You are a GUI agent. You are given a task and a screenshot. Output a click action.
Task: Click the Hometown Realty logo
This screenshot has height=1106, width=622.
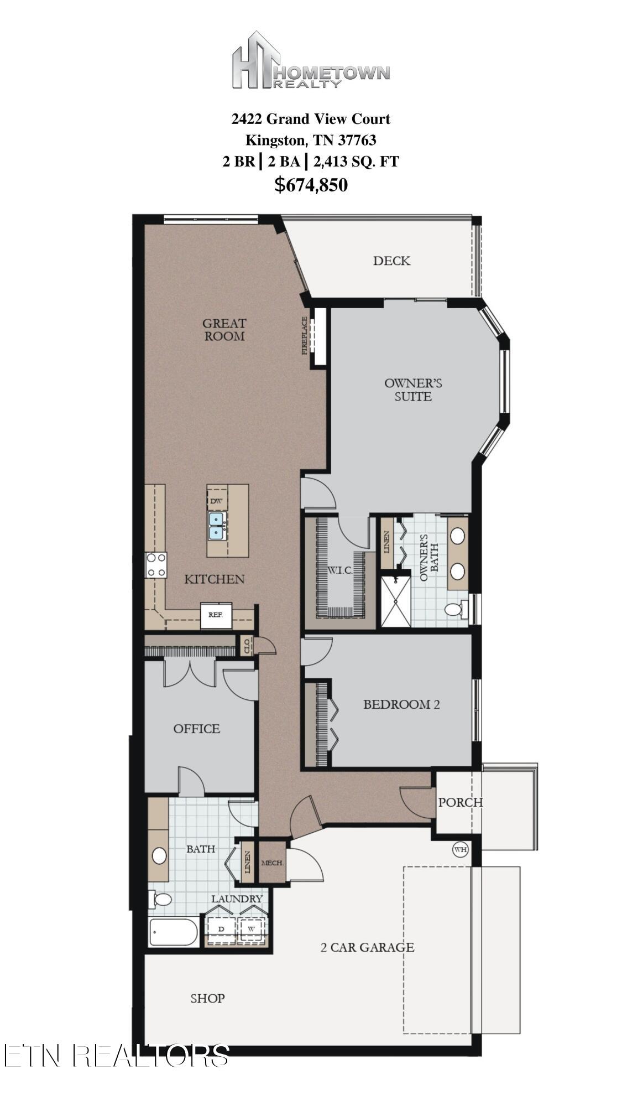coord(311,61)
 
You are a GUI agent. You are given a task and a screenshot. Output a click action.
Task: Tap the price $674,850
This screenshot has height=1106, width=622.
coord(311,184)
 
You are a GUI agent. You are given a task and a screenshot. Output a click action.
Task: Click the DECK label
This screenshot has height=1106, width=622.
coord(391,261)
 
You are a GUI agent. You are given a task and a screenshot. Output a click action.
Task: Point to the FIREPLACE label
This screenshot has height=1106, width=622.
coord(304,335)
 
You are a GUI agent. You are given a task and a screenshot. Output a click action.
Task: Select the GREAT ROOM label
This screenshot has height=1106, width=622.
coord(224,329)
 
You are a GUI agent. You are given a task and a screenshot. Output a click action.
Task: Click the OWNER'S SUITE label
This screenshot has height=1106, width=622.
coord(413,390)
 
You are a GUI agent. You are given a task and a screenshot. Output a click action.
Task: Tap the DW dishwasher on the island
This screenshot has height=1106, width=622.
coord(217,501)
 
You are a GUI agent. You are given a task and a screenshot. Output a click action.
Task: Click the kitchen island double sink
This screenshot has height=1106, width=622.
coord(216,526)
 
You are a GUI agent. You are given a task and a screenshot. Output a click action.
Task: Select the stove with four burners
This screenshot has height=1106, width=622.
coord(156,565)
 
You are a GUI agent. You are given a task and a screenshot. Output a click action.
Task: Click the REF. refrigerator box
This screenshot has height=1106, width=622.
coord(216,615)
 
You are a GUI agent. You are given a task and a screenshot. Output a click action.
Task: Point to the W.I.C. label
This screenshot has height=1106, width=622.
coord(339,570)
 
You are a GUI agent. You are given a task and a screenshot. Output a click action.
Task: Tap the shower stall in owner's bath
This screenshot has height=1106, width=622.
coord(396,601)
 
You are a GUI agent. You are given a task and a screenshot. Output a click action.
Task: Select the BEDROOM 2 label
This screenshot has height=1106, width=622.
coord(401,704)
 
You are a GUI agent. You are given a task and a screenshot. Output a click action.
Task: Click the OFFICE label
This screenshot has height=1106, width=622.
coord(196,729)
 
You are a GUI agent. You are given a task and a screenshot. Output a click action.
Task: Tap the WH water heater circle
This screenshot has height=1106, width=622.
coord(461,849)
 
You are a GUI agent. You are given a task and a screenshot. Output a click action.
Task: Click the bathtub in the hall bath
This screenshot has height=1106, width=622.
coord(173,932)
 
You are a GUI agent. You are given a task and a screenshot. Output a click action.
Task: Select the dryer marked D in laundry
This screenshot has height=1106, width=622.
coord(221,928)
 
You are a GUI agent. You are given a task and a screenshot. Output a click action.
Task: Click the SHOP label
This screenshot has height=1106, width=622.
coord(207,998)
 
